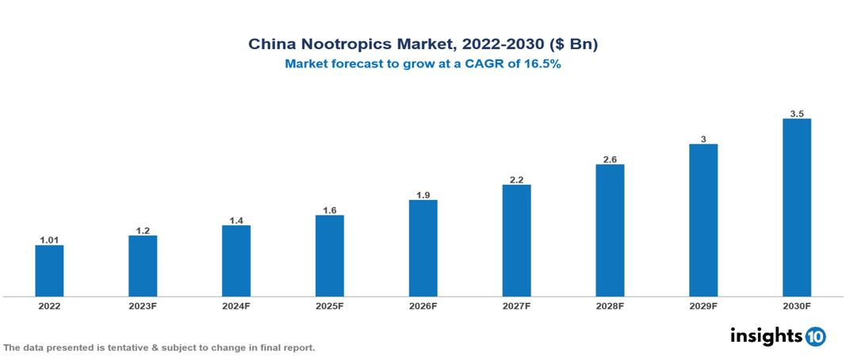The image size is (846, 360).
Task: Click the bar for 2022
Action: (49, 270)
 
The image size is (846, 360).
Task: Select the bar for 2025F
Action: (329, 255)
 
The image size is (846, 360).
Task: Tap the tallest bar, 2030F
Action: (796, 207)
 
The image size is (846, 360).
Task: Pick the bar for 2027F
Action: (516, 240)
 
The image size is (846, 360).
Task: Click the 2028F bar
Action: (610, 230)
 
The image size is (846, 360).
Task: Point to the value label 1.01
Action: (49, 239)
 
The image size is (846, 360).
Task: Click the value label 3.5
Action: (797, 113)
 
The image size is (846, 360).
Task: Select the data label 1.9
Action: (423, 194)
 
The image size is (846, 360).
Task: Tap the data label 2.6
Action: (610, 159)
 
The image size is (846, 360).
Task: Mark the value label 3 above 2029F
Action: (703, 139)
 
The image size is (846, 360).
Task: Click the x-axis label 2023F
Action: (143, 306)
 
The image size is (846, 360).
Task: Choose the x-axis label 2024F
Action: (235, 306)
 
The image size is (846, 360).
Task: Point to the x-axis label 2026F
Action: (423, 306)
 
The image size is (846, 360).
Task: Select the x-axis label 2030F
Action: (796, 306)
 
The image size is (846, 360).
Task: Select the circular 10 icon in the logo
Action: (815, 336)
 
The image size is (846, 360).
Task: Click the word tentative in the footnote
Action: (131, 348)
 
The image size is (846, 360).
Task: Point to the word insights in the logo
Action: (766, 335)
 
